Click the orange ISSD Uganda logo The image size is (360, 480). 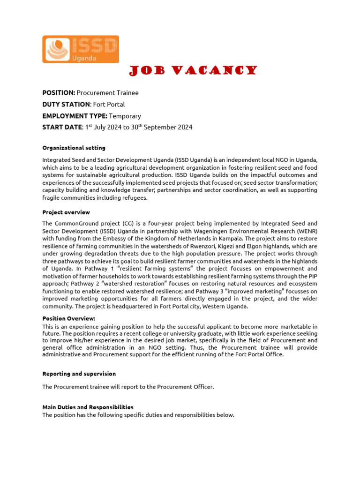(81, 49)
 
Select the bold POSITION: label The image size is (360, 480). (59, 93)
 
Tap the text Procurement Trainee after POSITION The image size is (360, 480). (107, 93)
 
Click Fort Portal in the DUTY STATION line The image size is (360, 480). (109, 104)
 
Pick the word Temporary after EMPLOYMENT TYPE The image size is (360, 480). (125, 116)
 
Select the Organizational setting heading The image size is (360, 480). (74, 148)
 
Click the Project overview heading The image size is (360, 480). (66, 212)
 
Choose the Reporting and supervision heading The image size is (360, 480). (79, 374)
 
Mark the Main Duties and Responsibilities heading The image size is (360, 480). (88, 407)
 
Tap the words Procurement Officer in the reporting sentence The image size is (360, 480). (189, 387)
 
